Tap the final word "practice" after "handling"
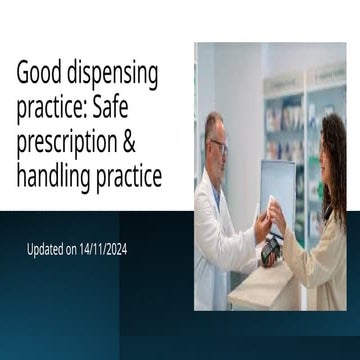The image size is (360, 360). (x=126, y=179)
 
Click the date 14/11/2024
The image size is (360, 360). (x=99, y=248)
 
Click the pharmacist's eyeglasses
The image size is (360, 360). (x=219, y=146)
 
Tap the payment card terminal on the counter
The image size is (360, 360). (x=270, y=250)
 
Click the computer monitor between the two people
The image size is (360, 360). (x=277, y=189)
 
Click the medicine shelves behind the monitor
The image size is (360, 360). (x=285, y=120)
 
